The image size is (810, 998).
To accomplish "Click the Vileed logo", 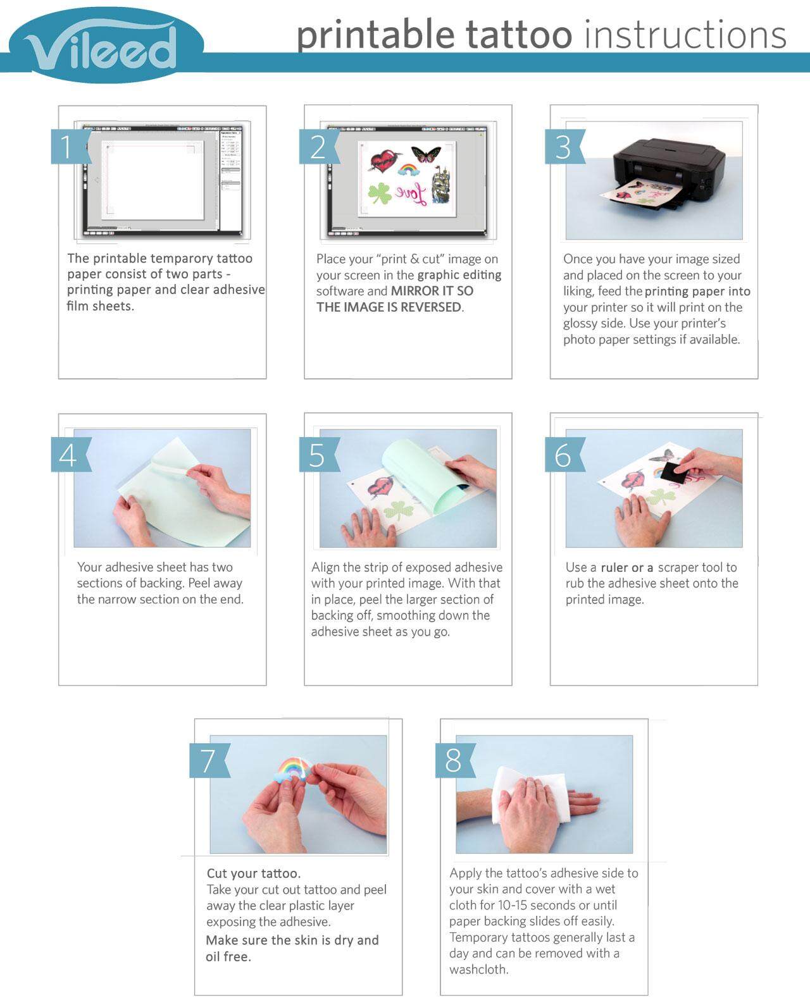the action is point(106,44).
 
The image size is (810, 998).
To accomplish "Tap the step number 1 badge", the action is point(70,146).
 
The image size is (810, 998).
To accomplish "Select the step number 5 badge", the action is point(319,455).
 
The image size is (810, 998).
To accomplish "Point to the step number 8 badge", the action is point(455,760).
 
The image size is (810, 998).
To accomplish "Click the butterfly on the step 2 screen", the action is point(426,153).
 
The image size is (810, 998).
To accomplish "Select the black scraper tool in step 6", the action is point(671,471).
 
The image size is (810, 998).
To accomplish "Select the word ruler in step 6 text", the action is point(614,567).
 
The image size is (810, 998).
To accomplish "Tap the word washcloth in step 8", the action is point(478,970).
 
